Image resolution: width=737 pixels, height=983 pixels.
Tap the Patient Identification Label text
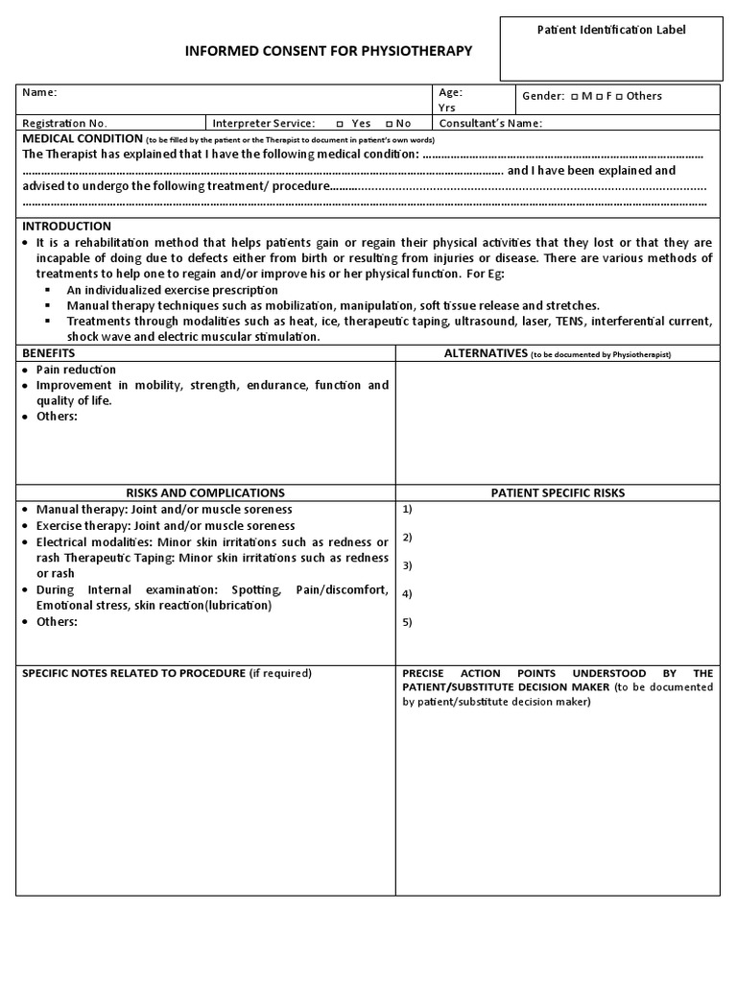coord(610,30)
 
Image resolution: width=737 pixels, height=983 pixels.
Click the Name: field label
coord(39,93)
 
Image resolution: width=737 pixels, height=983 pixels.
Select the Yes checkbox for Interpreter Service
coord(341,124)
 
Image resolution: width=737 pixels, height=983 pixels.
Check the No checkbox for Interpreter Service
coord(388,124)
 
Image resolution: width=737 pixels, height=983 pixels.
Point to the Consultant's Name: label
coord(490,124)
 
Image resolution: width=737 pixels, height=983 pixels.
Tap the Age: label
coord(451,93)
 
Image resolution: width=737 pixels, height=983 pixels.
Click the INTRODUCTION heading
coord(67,226)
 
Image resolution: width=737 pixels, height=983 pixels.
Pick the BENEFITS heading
coord(48,353)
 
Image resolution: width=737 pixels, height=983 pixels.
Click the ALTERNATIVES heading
coord(486,353)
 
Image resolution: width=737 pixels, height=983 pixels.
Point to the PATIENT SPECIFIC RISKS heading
coord(558,492)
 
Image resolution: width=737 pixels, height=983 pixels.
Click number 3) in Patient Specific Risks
coord(408,564)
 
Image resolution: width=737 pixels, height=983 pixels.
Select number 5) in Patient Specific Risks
coord(408,621)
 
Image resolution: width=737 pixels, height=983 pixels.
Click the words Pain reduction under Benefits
coord(76,370)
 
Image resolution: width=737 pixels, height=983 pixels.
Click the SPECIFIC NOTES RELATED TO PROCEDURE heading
coord(133,673)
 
